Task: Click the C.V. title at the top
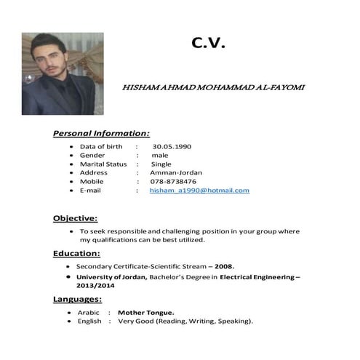click(209, 43)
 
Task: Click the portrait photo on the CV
click(57, 73)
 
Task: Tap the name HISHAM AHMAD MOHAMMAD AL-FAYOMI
click(213, 87)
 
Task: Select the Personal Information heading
click(101, 133)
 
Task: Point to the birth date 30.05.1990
click(172, 147)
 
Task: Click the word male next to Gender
click(159, 156)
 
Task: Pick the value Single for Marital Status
click(161, 164)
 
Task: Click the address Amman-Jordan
click(176, 173)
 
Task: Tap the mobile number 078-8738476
click(173, 182)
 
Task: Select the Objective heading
click(75, 218)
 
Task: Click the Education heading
click(76, 254)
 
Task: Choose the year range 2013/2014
click(96, 286)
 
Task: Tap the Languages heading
click(77, 299)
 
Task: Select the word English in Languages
click(89, 321)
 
